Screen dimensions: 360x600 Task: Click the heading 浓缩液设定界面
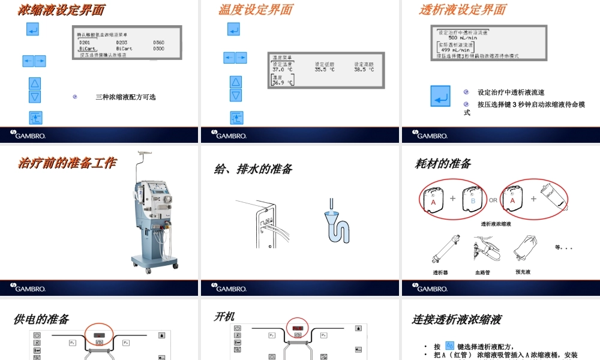click(61, 10)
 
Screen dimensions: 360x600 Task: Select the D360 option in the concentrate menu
click(158, 43)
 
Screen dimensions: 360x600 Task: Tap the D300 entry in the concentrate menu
click(158, 49)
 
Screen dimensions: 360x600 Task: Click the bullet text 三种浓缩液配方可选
click(125, 97)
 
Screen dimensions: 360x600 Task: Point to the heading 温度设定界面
click(256, 10)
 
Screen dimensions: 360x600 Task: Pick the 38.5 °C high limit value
click(364, 70)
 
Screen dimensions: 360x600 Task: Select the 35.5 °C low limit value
click(325, 70)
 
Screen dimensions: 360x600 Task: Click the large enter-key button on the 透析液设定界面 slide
click(440, 97)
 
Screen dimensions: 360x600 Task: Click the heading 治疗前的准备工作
click(67, 163)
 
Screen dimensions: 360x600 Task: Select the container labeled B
click(472, 200)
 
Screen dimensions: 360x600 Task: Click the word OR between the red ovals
click(493, 200)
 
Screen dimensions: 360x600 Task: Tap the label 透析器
click(440, 272)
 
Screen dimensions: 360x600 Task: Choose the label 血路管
click(482, 272)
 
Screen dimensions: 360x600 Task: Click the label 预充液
click(523, 272)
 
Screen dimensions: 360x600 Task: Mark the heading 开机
click(224, 316)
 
